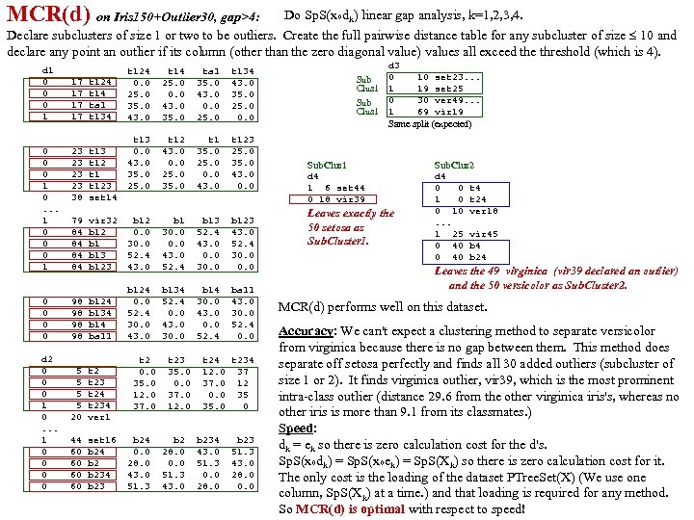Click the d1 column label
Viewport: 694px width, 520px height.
(46, 70)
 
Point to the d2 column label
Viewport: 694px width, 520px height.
(46, 358)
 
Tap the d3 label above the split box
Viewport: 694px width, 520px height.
(392, 65)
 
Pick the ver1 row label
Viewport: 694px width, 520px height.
(99, 417)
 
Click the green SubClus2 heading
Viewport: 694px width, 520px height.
(454, 166)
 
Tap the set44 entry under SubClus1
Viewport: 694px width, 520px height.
(350, 188)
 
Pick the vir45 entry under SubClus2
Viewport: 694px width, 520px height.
(482, 234)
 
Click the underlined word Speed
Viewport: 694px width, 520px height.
(296, 429)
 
